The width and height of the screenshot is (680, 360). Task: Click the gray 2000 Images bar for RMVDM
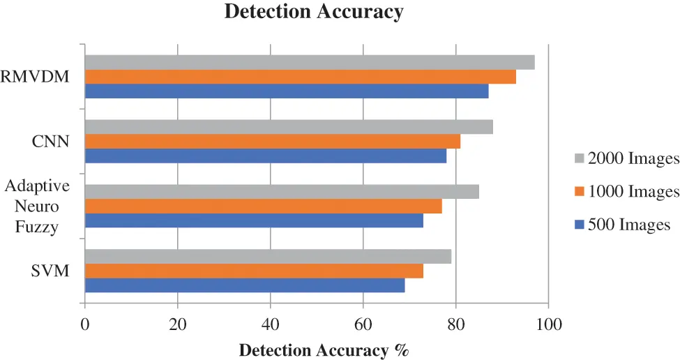point(310,62)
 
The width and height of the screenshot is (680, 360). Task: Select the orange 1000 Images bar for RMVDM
point(300,77)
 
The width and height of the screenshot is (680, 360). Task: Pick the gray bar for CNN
point(289,127)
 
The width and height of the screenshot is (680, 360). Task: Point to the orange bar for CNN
point(272,142)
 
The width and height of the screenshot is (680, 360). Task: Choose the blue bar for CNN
point(265,156)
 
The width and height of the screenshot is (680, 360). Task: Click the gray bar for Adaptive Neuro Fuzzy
point(282,191)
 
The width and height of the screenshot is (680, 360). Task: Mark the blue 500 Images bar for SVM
point(244,285)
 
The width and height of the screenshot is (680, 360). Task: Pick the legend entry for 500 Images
point(621,225)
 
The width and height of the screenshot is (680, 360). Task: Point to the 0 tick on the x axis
point(85,324)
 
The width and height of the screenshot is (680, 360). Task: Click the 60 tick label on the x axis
point(363,324)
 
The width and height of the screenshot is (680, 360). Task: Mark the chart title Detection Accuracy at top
point(314,12)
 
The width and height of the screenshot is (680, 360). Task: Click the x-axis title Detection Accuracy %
point(324,350)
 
